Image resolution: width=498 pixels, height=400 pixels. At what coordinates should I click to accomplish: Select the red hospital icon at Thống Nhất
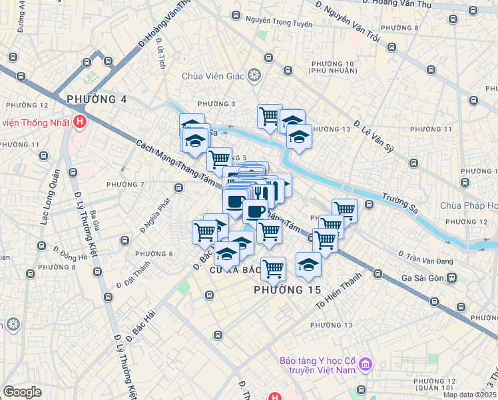click(x=80, y=122)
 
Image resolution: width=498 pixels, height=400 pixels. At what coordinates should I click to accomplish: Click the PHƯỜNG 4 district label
click(x=97, y=99)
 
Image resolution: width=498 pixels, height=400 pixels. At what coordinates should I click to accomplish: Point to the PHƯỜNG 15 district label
click(x=288, y=291)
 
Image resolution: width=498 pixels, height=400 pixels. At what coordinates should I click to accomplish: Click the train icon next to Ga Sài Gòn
click(x=452, y=277)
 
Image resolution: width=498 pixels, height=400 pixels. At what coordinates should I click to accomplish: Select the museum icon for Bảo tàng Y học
click(x=366, y=365)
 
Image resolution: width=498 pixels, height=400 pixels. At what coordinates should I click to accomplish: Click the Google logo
click(x=22, y=392)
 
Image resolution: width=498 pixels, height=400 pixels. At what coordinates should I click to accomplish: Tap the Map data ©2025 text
click(x=471, y=395)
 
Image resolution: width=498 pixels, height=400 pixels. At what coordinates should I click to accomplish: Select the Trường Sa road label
click(x=399, y=203)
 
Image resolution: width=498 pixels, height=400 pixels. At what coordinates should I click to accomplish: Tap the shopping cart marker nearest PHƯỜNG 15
click(x=273, y=268)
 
